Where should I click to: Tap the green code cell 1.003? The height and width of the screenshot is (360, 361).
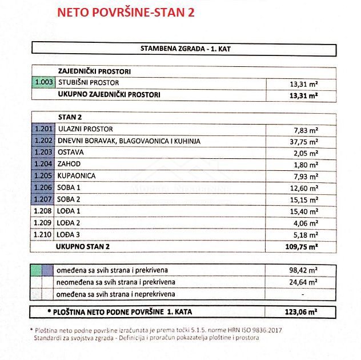click(x=43, y=83)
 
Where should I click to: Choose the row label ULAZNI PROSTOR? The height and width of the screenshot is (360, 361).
click(x=86, y=129)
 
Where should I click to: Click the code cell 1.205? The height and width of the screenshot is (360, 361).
click(x=43, y=176)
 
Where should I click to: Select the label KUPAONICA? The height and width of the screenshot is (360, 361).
click(x=77, y=176)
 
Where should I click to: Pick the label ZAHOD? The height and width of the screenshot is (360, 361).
click(x=70, y=165)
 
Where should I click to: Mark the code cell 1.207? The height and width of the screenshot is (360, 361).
click(x=43, y=199)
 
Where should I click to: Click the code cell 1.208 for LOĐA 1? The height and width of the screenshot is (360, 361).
click(x=43, y=211)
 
